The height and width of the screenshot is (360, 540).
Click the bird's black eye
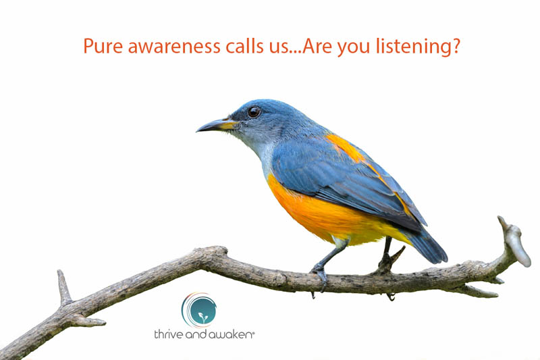click(254, 112)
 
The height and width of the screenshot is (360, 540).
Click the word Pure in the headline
click(101, 46)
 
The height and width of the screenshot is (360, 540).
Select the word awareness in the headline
click(169, 46)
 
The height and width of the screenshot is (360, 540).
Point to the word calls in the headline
click(243, 46)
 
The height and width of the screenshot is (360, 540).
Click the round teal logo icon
click(200, 310)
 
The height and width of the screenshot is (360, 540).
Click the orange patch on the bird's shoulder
click(344, 146)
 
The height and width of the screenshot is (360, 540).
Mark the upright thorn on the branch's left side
click(63, 287)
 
